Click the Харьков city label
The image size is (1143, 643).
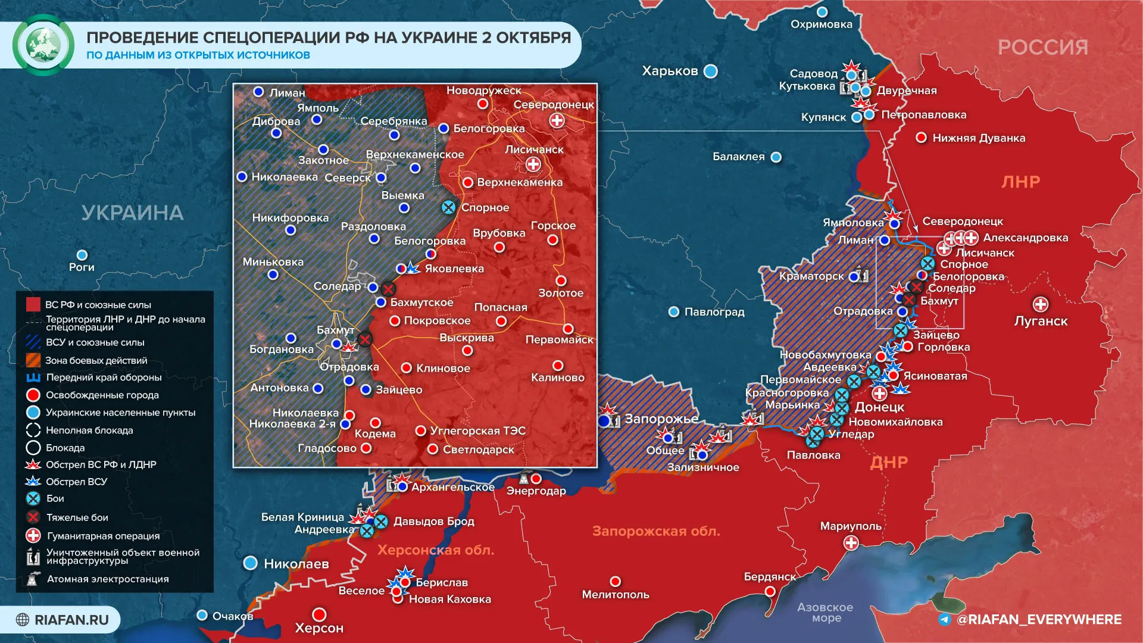[670, 71]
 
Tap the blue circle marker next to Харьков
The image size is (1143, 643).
[711, 71]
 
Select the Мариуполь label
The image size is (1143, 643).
[851, 526]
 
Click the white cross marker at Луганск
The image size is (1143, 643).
[1040, 305]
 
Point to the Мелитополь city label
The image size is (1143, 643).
[615, 594]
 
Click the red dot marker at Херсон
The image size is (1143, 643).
[320, 614]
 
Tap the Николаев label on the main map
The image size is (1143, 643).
[296, 564]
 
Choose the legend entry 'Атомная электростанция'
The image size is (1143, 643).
[108, 579]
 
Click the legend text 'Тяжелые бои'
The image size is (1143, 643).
[77, 517]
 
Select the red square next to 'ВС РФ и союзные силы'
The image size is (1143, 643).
[33, 305]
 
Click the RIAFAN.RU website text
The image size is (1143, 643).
[71, 620]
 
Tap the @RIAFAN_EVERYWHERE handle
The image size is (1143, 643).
[1039, 620]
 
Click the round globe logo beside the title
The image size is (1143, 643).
[43, 45]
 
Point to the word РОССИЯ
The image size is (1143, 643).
[1043, 47]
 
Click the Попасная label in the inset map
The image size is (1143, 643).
[501, 307]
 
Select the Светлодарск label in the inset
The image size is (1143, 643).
[478, 450]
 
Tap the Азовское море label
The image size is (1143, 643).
[825, 612]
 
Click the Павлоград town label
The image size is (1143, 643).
[714, 312]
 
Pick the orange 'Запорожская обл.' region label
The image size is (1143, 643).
[656, 531]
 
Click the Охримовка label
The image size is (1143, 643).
[822, 24]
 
